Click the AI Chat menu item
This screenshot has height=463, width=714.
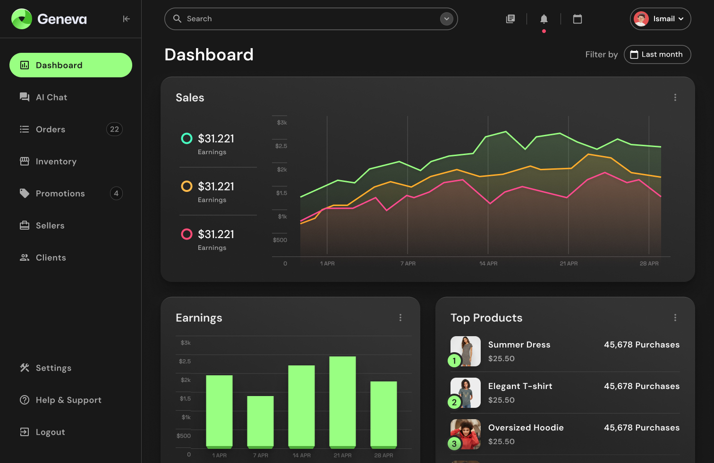click(51, 97)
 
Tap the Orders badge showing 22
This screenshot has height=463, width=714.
click(114, 129)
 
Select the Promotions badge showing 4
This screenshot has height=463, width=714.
click(116, 193)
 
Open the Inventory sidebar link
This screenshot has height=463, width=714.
click(56, 161)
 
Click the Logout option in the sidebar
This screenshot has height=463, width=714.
click(50, 432)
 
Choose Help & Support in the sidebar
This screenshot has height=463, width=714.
click(68, 400)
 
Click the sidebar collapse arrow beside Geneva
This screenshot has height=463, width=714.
click(126, 19)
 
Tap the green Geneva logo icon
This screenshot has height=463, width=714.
click(21, 19)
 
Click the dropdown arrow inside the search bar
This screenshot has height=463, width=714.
click(446, 19)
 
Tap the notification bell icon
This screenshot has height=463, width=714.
click(544, 19)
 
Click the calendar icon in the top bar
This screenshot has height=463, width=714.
click(577, 19)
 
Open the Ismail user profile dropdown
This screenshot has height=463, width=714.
click(660, 19)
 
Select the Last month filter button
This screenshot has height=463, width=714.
click(657, 54)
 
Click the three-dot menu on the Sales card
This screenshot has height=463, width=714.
click(675, 98)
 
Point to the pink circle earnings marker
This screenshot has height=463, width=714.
click(187, 234)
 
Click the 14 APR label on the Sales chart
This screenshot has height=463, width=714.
click(488, 264)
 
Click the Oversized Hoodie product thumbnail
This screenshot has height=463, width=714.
click(466, 434)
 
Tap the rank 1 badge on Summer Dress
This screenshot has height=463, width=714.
click(454, 361)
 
